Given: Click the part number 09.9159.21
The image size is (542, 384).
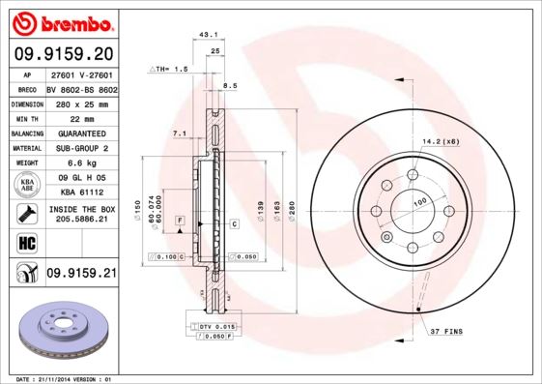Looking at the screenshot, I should point(80,274).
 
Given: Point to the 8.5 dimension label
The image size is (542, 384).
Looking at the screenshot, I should point(230,87).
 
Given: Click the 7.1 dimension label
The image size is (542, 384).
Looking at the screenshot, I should point(179,133).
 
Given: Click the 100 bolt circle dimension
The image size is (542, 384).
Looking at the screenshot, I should point(420,202).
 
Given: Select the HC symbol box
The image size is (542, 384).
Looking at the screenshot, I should point(26,241).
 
